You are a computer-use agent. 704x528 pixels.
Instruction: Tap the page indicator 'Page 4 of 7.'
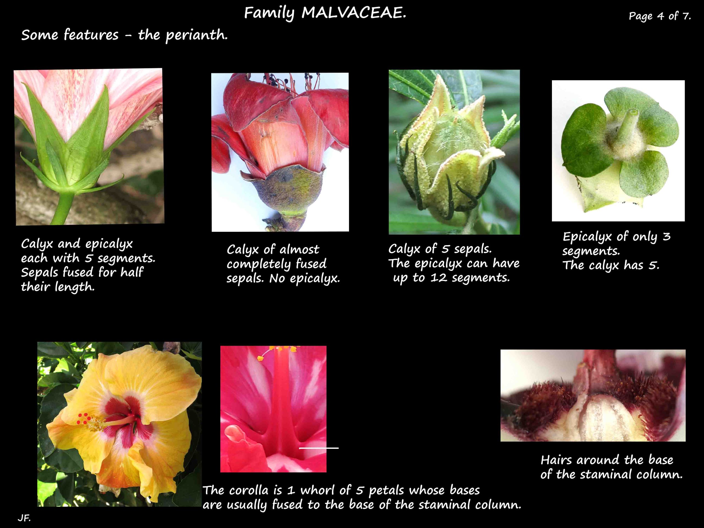pyautogui.click(x=659, y=16)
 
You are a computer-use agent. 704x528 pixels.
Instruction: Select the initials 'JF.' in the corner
pyautogui.click(x=24, y=518)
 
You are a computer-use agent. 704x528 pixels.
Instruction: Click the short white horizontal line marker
pyautogui.click(x=318, y=448)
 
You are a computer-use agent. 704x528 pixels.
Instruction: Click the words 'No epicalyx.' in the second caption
pyautogui.click(x=305, y=279)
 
